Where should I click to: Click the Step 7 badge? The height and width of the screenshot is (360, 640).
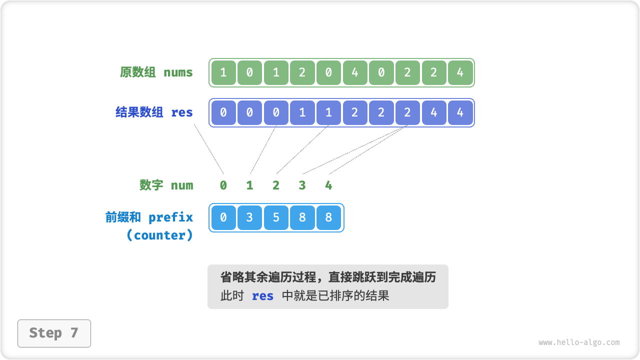(54, 333)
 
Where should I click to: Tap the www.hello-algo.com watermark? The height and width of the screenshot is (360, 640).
(579, 342)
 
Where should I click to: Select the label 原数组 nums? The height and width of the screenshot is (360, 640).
(156, 72)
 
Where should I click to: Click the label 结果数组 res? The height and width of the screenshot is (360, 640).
(154, 112)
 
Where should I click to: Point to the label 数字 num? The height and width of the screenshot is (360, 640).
(166, 185)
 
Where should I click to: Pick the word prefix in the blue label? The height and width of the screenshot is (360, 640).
(170, 217)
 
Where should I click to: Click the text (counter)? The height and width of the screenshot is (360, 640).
(159, 235)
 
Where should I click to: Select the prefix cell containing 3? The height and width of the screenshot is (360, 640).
(249, 217)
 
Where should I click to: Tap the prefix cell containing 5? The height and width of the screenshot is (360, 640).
(276, 217)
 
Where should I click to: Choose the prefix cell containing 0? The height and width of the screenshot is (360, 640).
(223, 217)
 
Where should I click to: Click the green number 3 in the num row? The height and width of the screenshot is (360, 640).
(302, 185)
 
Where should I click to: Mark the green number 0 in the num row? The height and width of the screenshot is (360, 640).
(223, 185)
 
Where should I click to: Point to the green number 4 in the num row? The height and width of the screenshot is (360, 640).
(328, 185)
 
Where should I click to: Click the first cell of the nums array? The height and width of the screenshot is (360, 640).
(223, 72)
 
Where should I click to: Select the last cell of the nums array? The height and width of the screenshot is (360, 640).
(460, 72)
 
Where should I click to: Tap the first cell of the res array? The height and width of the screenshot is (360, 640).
(223, 112)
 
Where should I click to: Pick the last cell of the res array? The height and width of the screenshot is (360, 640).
(460, 112)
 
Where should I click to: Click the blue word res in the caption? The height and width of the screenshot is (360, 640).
(262, 296)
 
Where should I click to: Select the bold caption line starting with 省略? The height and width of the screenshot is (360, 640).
(328, 277)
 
